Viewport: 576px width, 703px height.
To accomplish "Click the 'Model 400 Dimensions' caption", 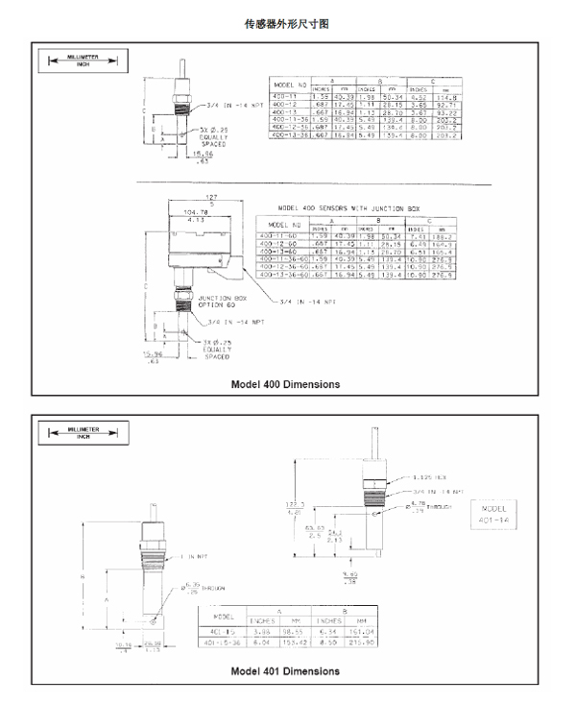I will click(285, 384).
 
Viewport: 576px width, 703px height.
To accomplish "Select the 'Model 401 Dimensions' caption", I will click(285, 670).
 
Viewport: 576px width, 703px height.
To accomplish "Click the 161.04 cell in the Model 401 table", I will click(360, 631).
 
